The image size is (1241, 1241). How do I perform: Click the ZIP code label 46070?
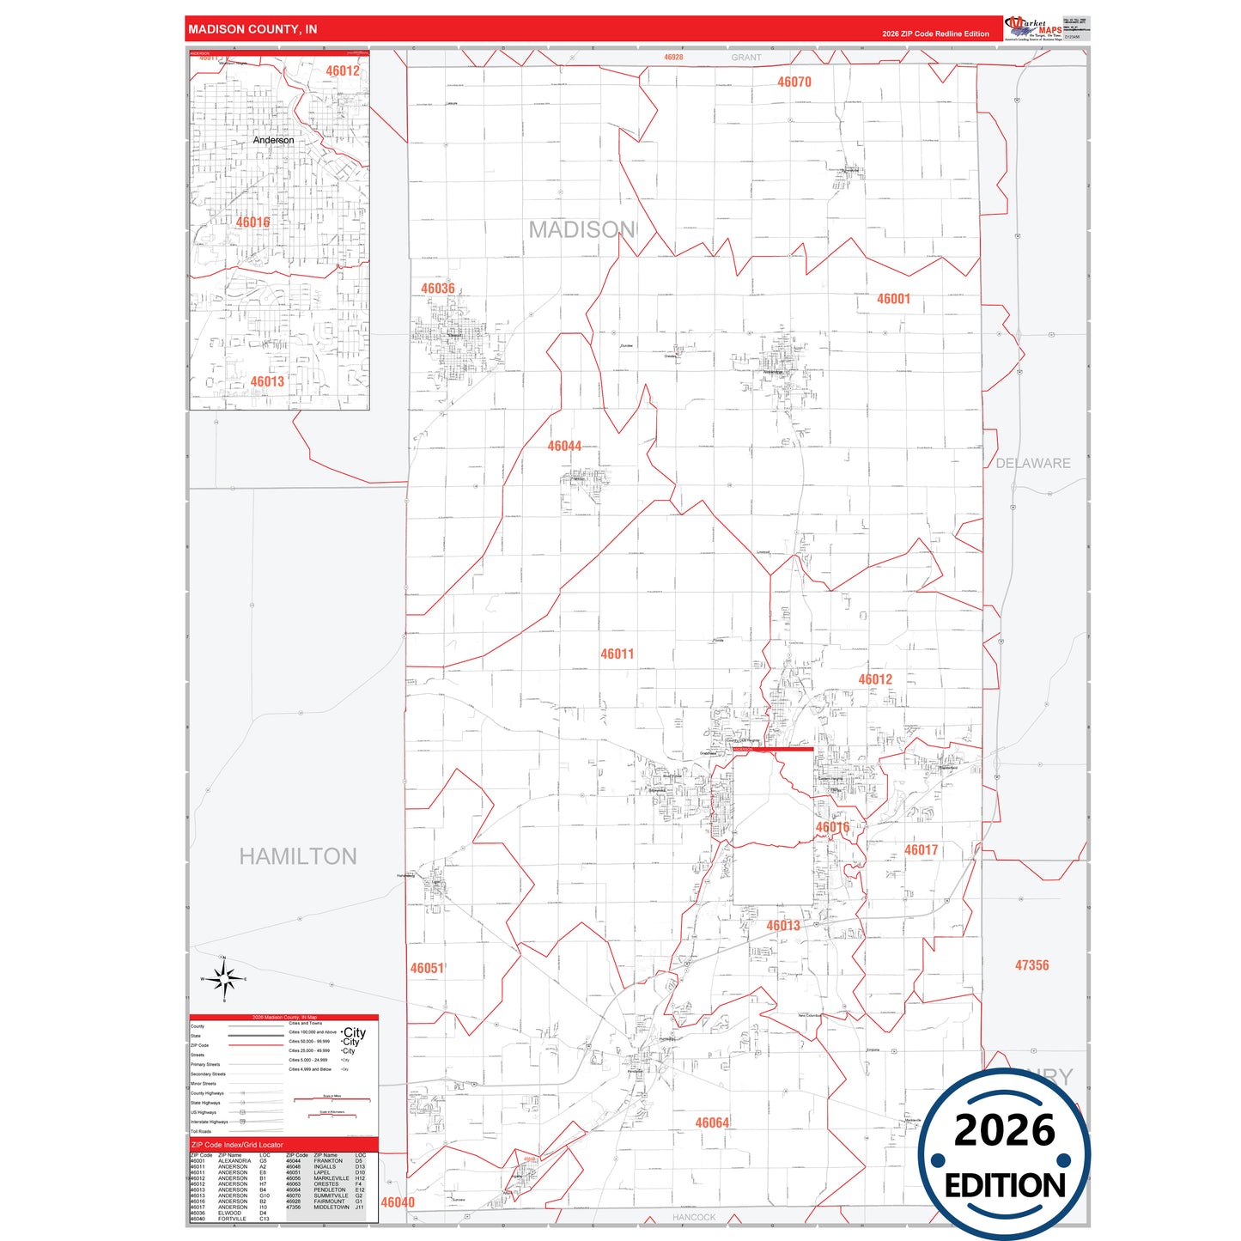[x=794, y=82]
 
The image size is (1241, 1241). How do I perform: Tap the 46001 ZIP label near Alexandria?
[x=893, y=299]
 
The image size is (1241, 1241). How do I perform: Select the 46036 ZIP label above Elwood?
[x=437, y=289]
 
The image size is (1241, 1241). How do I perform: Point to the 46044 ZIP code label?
[x=564, y=447]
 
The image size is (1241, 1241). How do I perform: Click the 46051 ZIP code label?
[x=427, y=969]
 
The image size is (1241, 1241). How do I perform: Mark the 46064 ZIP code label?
[x=712, y=1123]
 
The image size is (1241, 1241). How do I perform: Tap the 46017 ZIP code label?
[x=921, y=850]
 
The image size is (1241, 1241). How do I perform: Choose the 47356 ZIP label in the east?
[x=1031, y=965]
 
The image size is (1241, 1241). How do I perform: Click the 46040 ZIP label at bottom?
[x=398, y=1202]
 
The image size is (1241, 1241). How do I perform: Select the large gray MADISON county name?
[x=581, y=230]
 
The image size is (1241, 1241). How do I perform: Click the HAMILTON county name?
[x=297, y=856]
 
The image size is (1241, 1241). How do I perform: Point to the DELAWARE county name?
[x=1032, y=464]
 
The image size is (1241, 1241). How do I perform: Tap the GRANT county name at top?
[x=745, y=58]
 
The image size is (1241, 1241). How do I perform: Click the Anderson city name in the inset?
[x=273, y=140]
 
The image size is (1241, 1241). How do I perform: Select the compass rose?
[x=223, y=979]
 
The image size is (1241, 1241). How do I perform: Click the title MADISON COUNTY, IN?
[x=252, y=29]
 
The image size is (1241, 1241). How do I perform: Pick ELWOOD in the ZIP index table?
[x=230, y=1213]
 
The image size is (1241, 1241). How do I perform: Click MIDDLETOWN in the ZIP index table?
[x=332, y=1207]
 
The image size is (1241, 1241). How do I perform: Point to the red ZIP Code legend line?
[x=255, y=1045]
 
